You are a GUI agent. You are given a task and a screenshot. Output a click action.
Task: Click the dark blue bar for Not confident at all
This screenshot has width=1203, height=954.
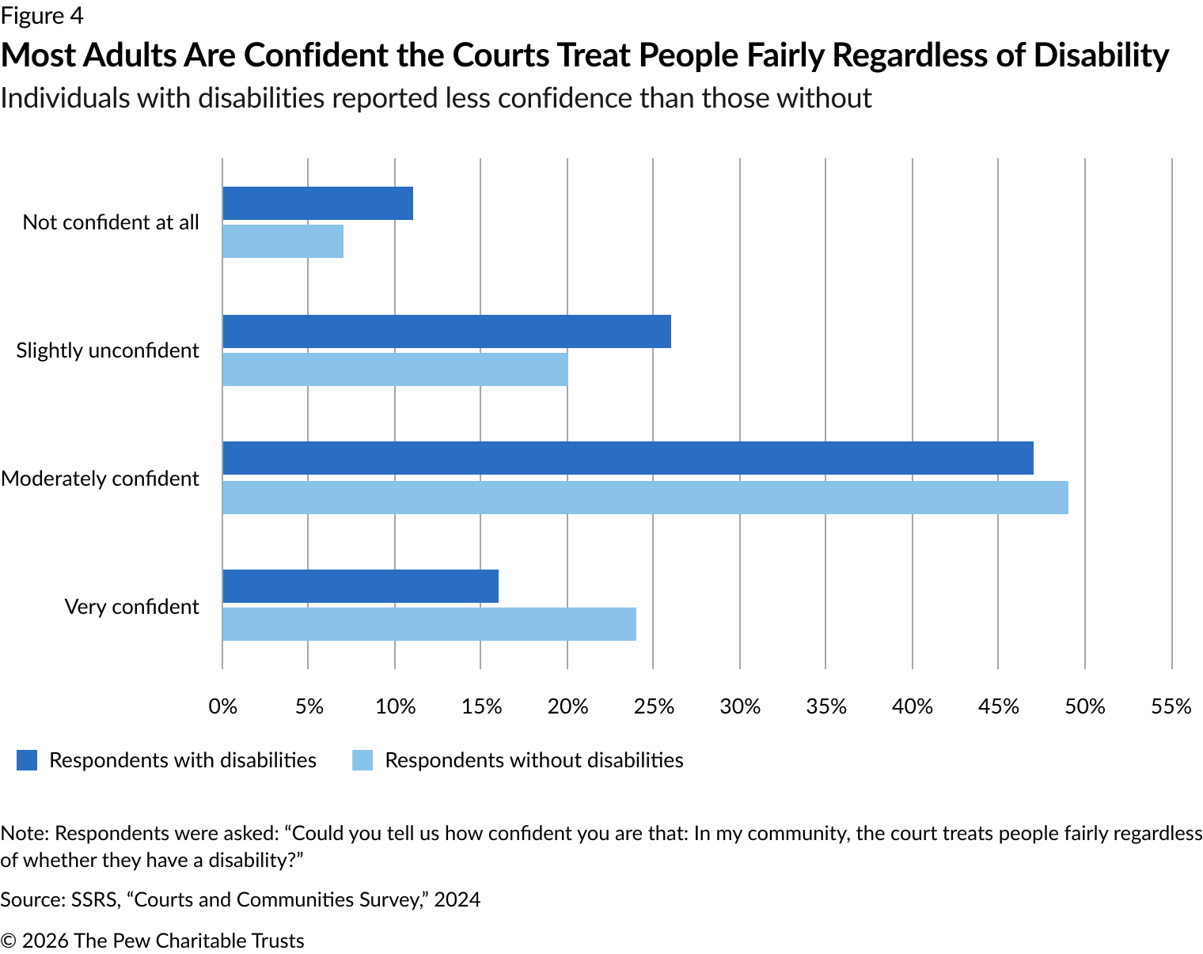(x=317, y=203)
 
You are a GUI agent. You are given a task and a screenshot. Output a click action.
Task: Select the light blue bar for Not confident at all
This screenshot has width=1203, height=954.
(x=283, y=241)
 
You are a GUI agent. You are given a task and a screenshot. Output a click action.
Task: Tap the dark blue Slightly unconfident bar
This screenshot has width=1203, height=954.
(x=446, y=331)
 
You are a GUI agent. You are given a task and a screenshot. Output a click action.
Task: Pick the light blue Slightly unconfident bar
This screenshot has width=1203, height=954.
(x=395, y=369)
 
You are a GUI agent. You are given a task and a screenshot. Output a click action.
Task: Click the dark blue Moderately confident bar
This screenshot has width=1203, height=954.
(x=628, y=458)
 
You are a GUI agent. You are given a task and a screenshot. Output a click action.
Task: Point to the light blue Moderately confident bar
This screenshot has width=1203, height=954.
(x=645, y=498)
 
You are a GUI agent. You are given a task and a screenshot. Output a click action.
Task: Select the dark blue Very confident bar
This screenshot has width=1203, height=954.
(x=360, y=586)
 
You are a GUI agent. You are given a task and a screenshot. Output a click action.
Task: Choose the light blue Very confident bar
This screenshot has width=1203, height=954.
(x=429, y=624)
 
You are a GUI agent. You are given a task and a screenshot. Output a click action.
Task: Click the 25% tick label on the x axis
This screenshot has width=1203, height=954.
(x=654, y=706)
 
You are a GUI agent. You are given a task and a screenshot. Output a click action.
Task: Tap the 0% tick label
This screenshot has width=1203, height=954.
(x=222, y=706)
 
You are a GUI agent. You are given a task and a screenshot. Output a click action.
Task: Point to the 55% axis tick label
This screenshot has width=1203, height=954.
(x=1171, y=706)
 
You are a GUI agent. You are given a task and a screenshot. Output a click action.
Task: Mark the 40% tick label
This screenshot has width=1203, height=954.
(x=913, y=706)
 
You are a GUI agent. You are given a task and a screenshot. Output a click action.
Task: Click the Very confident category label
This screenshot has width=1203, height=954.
(x=131, y=607)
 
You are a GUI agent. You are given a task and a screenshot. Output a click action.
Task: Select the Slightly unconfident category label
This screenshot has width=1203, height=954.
(x=108, y=350)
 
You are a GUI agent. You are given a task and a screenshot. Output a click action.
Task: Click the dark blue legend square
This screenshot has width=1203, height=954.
(x=27, y=760)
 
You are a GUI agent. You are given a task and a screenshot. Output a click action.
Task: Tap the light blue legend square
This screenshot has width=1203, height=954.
(x=362, y=760)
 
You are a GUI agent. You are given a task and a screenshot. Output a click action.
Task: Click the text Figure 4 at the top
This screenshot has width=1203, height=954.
(x=42, y=16)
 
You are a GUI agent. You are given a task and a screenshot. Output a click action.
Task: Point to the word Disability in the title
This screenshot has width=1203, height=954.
(x=1101, y=55)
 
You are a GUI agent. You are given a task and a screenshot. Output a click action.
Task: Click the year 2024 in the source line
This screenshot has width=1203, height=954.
(x=457, y=899)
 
